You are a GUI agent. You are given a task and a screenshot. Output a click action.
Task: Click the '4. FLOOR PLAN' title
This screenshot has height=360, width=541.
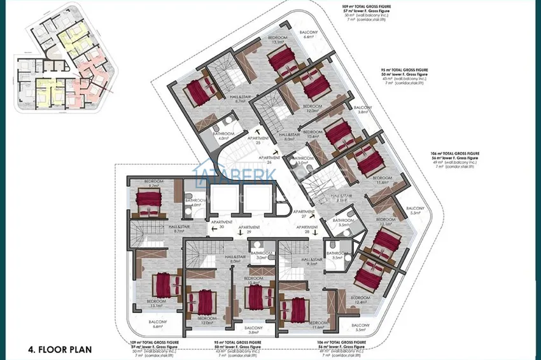tap(60, 349)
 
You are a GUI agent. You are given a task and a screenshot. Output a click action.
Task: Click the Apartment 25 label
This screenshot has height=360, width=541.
tap(258, 141)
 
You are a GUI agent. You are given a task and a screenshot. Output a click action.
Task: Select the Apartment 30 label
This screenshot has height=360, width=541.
tap(217, 224)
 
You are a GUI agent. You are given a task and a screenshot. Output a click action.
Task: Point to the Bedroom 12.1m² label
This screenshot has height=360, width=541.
tap(386, 222)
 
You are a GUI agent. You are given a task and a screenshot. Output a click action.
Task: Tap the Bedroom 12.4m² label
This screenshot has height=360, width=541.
tap(360, 300)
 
